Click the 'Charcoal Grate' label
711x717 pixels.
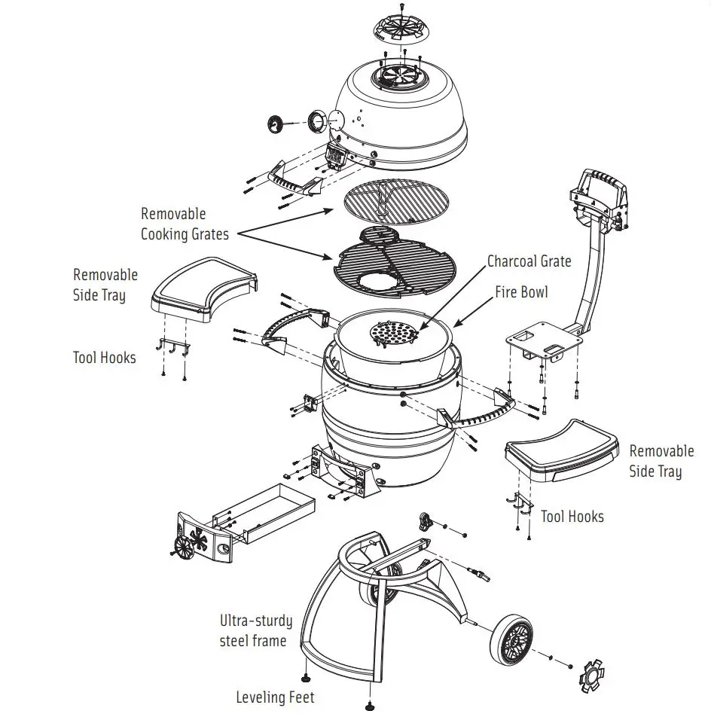point(529,261)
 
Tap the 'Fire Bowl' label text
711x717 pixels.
point(521,291)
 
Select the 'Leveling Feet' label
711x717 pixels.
point(275,697)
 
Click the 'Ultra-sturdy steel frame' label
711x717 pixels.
point(255,630)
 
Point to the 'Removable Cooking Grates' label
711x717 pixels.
point(184,224)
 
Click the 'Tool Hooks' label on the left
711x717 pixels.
point(104,357)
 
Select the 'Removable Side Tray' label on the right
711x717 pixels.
point(661,461)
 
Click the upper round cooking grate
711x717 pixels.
point(395,203)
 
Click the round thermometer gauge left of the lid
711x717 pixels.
point(278,123)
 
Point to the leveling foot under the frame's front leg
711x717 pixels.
point(369,706)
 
